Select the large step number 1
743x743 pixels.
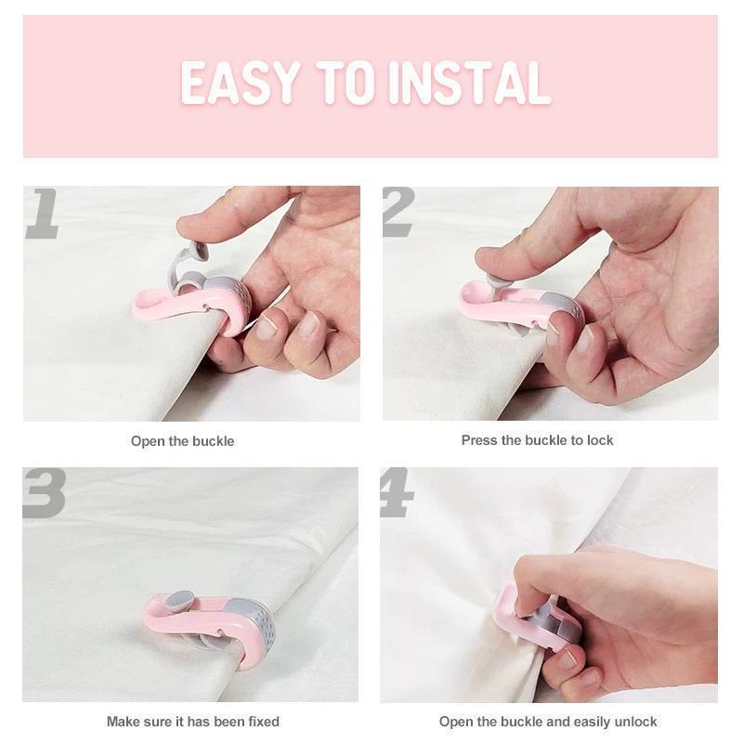(x=42, y=214)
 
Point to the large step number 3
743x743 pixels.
(x=44, y=493)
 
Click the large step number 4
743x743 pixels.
(x=397, y=493)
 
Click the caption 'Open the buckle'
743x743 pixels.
(x=182, y=441)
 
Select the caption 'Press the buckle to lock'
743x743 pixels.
(x=537, y=440)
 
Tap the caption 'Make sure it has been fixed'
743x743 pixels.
(x=192, y=722)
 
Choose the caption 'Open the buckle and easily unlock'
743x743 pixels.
(x=548, y=722)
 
